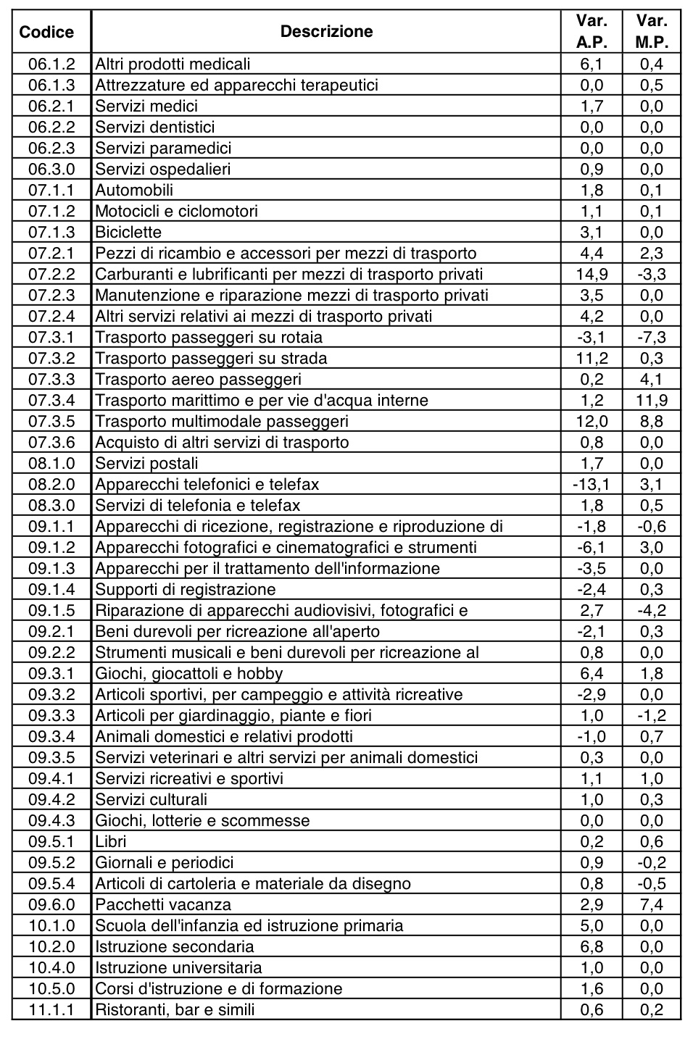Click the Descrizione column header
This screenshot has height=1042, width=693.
point(326,31)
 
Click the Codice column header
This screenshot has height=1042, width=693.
point(46,32)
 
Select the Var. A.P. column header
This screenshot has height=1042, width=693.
point(592,31)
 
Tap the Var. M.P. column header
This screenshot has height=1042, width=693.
point(651,31)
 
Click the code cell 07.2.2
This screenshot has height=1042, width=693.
point(51,274)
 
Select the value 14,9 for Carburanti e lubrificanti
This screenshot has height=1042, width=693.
point(592,274)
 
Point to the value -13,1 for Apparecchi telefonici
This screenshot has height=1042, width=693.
point(592,484)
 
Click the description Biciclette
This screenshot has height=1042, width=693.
point(128,232)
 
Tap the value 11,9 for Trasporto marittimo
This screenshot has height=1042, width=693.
point(651,400)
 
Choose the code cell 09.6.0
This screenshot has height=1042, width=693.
point(51,904)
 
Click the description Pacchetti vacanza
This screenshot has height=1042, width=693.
point(163,904)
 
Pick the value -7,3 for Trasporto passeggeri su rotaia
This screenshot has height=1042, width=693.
point(651,337)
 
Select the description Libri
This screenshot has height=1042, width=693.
point(111,841)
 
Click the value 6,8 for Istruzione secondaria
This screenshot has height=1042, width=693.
point(592,946)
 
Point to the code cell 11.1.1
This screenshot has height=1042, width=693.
point(51,1009)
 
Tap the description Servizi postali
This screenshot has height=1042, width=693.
point(146,463)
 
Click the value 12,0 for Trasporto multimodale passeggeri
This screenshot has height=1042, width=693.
point(592,421)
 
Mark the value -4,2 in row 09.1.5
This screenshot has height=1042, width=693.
point(651,610)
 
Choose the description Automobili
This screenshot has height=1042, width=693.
point(134,190)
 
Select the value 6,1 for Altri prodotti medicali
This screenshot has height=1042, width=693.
point(592,64)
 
